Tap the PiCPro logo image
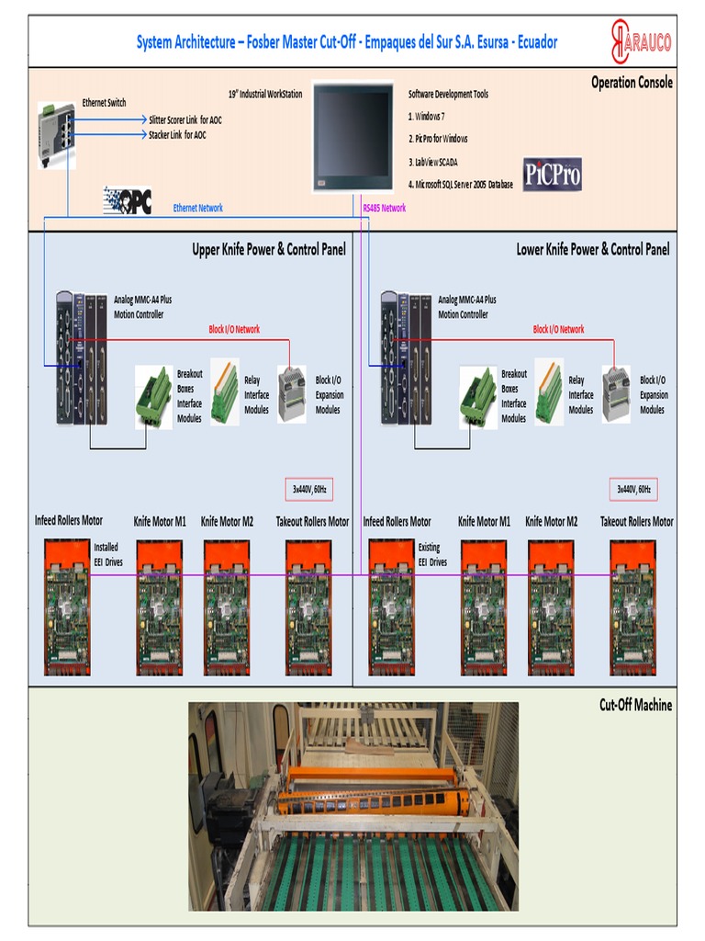[x=552, y=174]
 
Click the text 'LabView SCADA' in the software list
[x=437, y=161]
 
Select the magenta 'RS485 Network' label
[x=384, y=209]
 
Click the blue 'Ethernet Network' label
[x=197, y=209]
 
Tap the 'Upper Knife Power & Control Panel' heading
[x=268, y=249]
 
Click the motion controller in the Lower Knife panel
[x=406, y=357]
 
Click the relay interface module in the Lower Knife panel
[x=548, y=391]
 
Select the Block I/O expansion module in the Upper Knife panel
[x=292, y=393]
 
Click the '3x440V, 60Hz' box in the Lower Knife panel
[x=633, y=489]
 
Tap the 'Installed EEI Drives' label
[x=106, y=554]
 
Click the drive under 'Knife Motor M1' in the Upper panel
[x=160, y=607]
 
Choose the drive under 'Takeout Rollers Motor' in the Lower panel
[x=633, y=607]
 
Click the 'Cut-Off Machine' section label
[x=635, y=705]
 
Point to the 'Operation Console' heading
[x=632, y=83]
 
